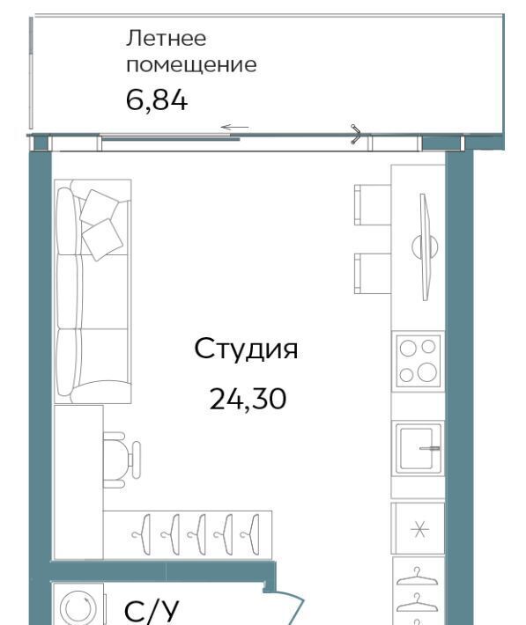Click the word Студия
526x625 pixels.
pos(246,349)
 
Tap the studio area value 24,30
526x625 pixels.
pos(248,399)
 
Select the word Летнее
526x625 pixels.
pos(166,39)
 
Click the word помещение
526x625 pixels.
pos(191,65)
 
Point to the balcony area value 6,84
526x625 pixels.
pos(157,100)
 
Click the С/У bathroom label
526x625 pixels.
pos(152,611)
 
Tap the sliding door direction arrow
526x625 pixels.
pos(234,127)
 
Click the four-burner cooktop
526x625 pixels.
pos(418,360)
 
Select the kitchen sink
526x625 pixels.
pos(419,448)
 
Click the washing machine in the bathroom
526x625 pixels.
pos(78,605)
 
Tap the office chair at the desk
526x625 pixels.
pos(121,460)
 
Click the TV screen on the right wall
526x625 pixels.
pos(425,247)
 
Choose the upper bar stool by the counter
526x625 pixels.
pos(373,204)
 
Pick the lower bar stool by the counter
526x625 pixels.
pos(373,274)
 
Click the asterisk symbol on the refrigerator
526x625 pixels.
pos(419,529)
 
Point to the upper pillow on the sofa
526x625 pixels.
pos(100,208)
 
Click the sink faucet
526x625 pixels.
pos(429,448)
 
